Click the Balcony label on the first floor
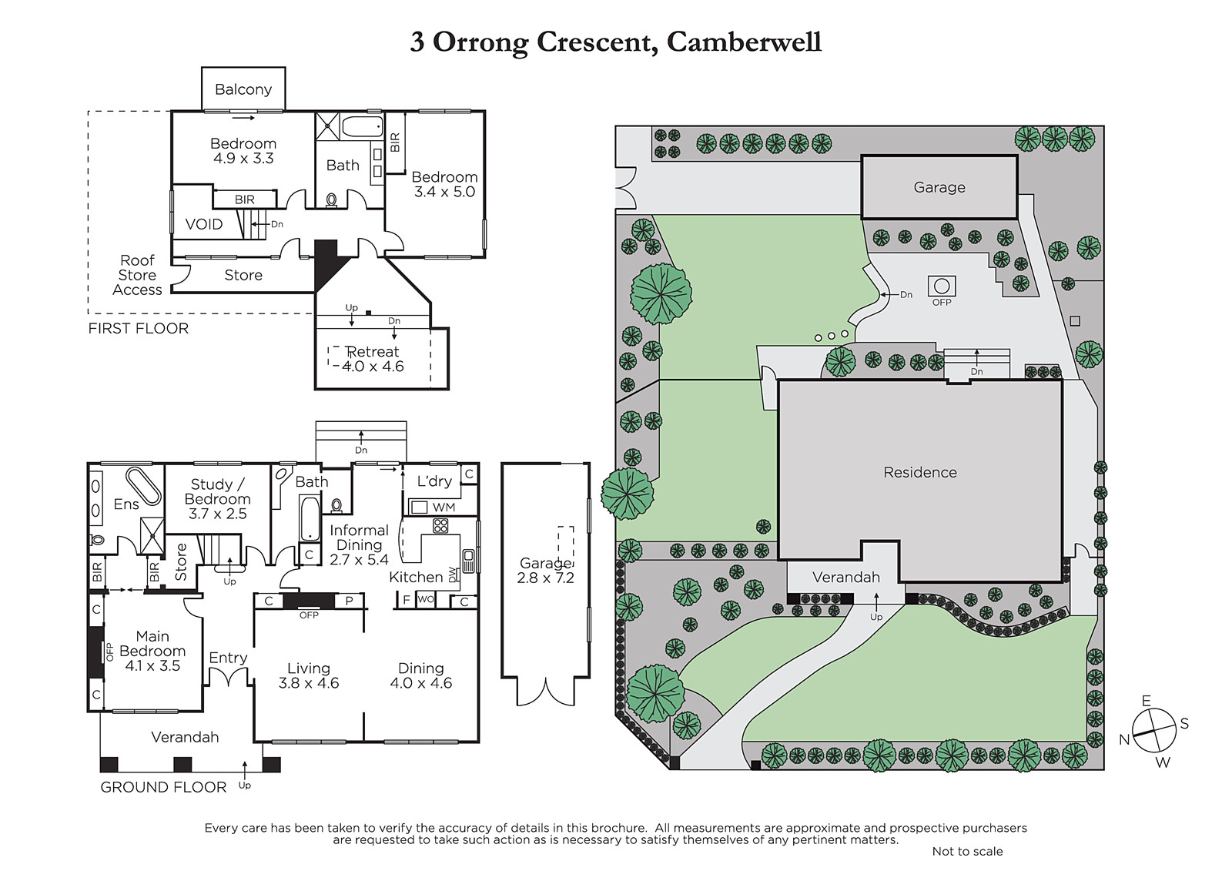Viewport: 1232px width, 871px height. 243,89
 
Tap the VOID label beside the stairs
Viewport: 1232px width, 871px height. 204,224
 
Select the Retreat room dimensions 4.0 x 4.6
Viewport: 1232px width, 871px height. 373,367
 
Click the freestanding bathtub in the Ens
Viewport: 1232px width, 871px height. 143,486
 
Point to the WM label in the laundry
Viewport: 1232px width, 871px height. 444,507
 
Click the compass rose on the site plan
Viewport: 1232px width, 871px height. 1154,730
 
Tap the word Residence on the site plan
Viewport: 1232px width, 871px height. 920,472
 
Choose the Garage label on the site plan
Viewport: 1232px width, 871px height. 939,187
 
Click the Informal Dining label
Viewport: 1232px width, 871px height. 359,538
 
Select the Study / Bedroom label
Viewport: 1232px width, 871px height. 218,491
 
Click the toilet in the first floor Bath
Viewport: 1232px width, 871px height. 332,200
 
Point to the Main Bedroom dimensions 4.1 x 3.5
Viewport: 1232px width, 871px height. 152,666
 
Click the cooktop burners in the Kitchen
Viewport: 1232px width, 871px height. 440,525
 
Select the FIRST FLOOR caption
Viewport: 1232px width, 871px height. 138,329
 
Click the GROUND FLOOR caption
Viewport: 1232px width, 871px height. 163,787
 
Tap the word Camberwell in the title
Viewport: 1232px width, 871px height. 744,42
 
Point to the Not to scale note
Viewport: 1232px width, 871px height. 967,851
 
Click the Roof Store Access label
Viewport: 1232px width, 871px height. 138,275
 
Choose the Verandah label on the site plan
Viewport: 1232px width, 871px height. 846,577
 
